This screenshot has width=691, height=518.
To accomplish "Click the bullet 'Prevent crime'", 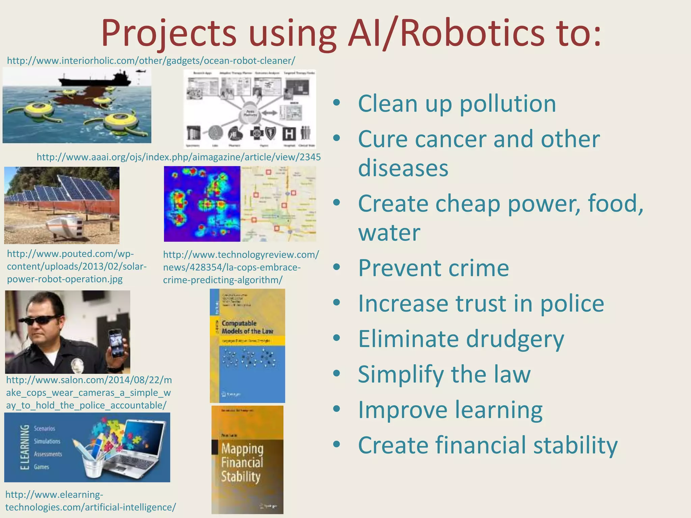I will [x=433, y=268].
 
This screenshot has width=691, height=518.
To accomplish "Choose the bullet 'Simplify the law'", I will [x=444, y=374].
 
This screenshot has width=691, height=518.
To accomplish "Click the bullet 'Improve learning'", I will [x=450, y=410].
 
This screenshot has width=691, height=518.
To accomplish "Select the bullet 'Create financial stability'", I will [x=487, y=445].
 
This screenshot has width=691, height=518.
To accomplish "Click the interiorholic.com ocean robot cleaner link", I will [x=151, y=61].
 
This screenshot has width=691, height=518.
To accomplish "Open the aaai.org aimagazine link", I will [x=178, y=157].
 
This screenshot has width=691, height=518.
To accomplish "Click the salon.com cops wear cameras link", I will [x=88, y=393].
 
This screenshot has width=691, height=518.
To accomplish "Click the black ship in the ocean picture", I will [x=94, y=80].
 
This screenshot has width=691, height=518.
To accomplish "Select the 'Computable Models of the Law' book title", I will [x=247, y=327].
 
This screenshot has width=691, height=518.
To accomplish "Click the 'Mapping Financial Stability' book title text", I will [x=242, y=463].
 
